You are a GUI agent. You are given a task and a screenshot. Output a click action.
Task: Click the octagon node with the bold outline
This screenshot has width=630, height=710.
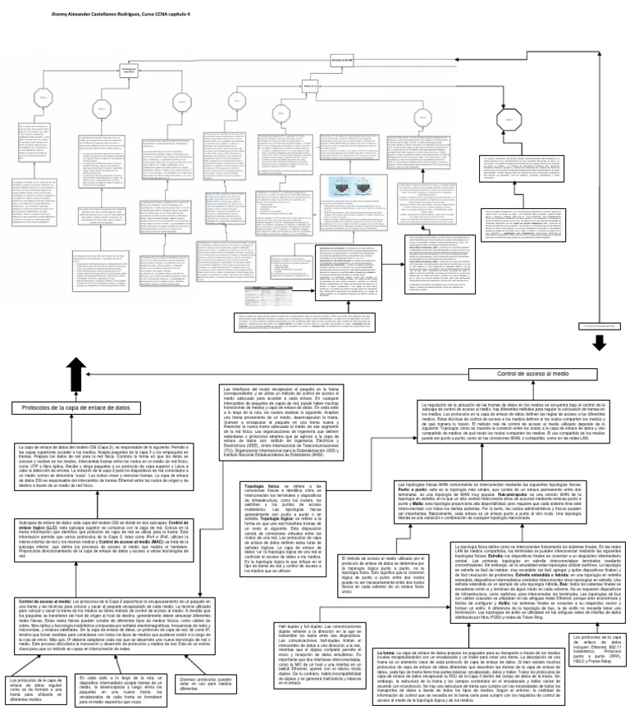507,119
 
